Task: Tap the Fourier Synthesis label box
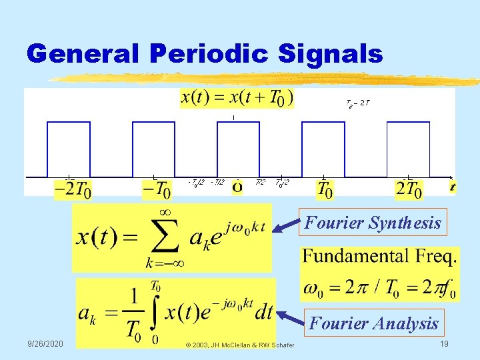(x=373, y=223)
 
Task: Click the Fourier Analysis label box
(x=374, y=323)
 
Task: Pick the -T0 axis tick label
(x=157, y=191)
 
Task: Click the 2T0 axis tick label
(x=409, y=190)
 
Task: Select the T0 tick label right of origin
(x=325, y=190)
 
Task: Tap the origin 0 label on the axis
(x=237, y=189)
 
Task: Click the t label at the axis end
(x=452, y=187)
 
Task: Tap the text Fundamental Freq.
(x=380, y=256)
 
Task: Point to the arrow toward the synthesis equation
(x=287, y=227)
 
